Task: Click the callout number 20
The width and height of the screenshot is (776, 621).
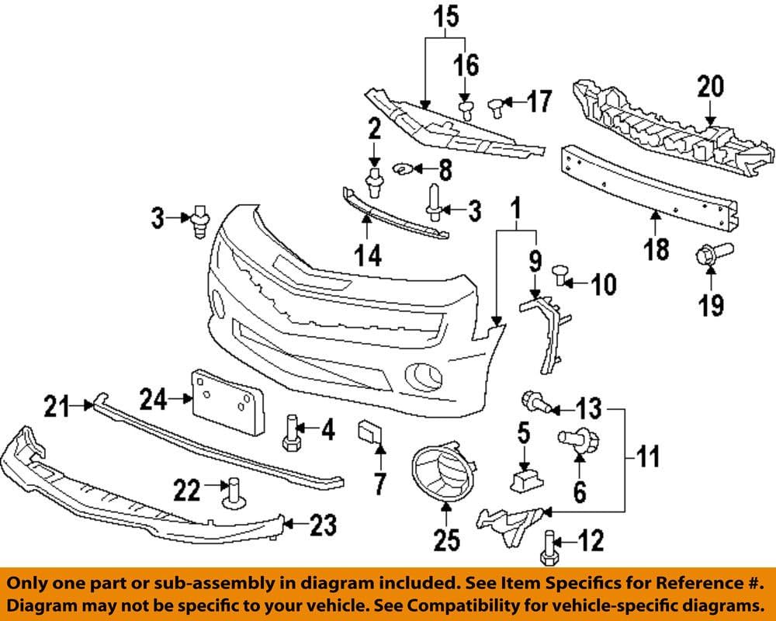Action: [x=710, y=86]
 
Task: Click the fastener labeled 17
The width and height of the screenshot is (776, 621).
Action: [x=497, y=105]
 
